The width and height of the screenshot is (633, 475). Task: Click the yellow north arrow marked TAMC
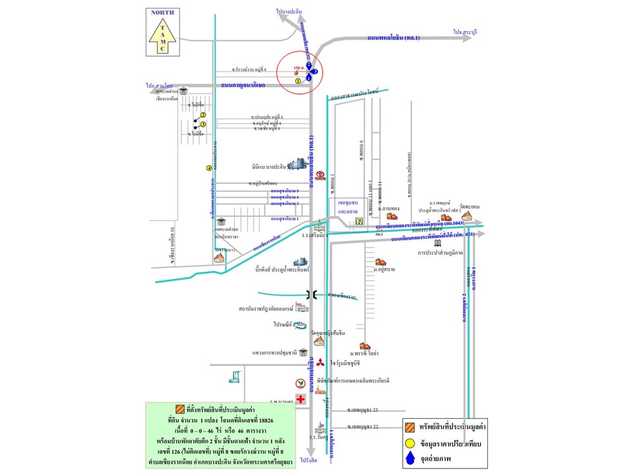[162, 37]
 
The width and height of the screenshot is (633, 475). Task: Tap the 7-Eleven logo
[359, 218]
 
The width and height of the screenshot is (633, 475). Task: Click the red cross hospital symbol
[300, 399]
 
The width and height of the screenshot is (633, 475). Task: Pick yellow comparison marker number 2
[203, 115]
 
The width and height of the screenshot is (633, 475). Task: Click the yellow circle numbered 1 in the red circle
[298, 80]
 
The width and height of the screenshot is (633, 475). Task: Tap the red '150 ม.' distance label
[298, 67]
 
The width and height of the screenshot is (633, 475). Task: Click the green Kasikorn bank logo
[300, 383]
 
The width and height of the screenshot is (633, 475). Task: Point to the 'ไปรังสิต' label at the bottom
[309, 460]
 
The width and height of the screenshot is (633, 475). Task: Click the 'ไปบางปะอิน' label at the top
[289, 11]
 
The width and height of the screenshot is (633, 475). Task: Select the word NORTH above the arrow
[162, 13]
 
